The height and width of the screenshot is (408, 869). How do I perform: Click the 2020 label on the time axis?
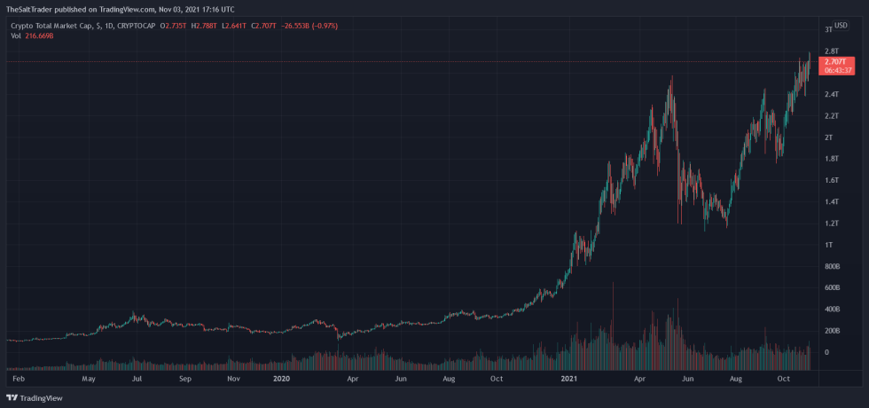click(281, 379)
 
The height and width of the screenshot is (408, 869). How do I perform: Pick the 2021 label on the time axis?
click(570, 379)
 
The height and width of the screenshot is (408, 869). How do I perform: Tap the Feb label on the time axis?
click(18, 379)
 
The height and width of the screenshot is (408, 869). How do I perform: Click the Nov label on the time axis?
click(234, 379)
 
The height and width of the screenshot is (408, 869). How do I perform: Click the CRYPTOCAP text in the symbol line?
click(129, 26)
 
